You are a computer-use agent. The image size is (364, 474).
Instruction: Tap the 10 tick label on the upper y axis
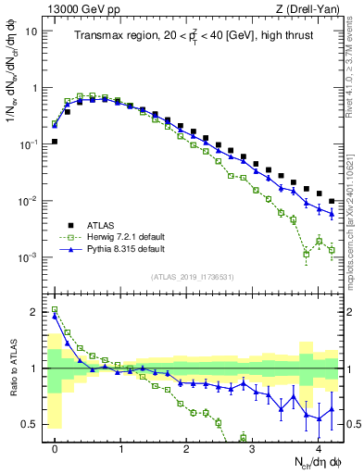click(31, 31)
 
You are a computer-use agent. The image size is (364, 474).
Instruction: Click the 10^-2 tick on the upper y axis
click(29, 201)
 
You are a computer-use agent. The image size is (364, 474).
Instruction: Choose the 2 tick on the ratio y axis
click(35, 312)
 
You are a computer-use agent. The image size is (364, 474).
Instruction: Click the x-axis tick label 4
click(318, 446)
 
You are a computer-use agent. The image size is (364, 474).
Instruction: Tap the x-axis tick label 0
click(55, 446)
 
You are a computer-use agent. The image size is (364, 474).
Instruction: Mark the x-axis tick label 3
click(252, 446)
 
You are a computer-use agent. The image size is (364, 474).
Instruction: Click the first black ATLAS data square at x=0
click(55, 142)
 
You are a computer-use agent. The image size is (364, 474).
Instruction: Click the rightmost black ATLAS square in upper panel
click(331, 201)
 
